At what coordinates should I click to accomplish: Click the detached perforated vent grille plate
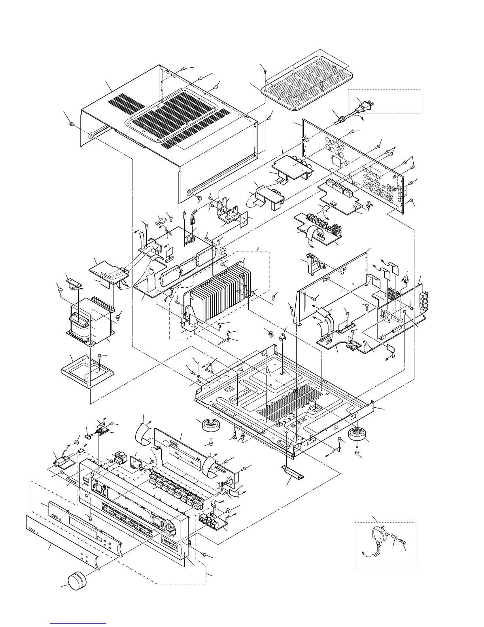tap(306, 81)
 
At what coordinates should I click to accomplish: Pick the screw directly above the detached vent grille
tap(264, 71)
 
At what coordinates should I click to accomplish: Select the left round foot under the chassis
tap(211, 427)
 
